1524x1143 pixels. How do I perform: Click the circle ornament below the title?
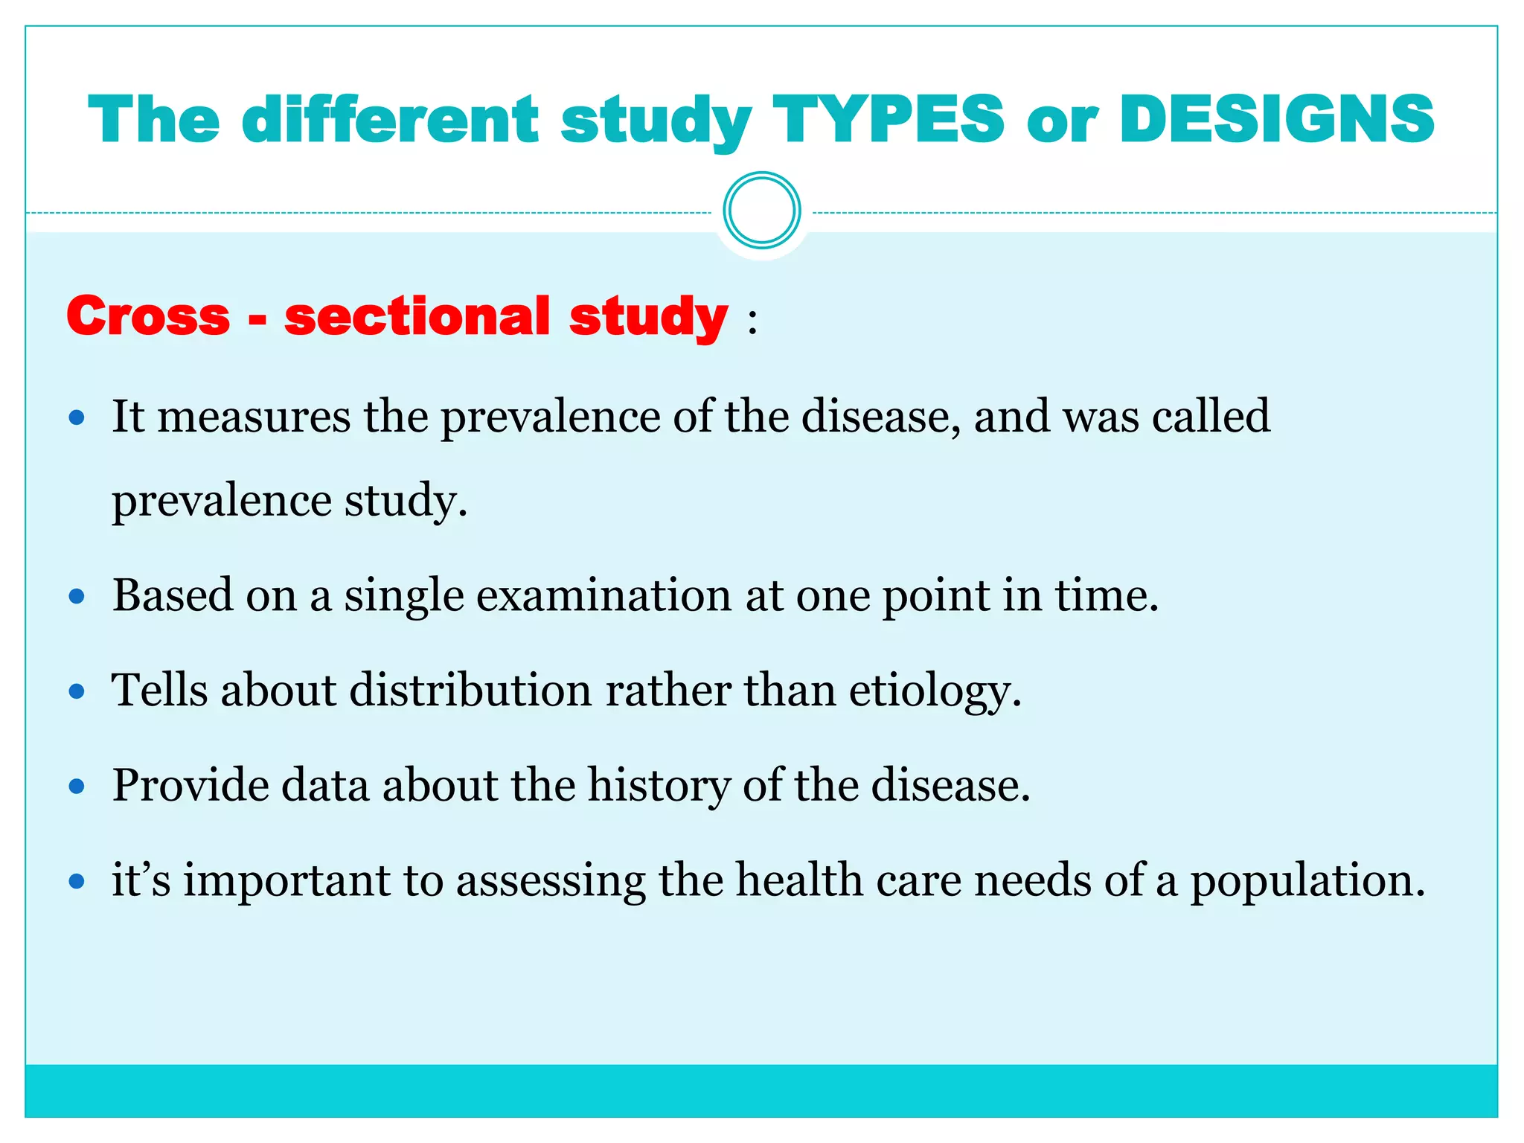(x=761, y=211)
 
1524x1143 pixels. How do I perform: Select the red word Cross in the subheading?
(x=148, y=316)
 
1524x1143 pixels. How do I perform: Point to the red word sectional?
(x=417, y=316)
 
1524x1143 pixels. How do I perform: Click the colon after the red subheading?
(x=753, y=322)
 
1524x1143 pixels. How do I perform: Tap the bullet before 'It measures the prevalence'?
(x=77, y=417)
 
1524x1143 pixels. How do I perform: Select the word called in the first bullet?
(x=1211, y=416)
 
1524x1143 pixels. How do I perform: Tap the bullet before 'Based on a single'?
(x=77, y=597)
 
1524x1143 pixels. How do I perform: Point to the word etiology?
(x=934, y=691)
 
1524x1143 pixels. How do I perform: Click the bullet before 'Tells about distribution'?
(x=77, y=692)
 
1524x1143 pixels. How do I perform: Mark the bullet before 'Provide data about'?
(x=77, y=787)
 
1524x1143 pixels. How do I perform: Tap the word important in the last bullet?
(x=286, y=881)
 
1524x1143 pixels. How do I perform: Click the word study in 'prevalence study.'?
(x=406, y=501)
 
